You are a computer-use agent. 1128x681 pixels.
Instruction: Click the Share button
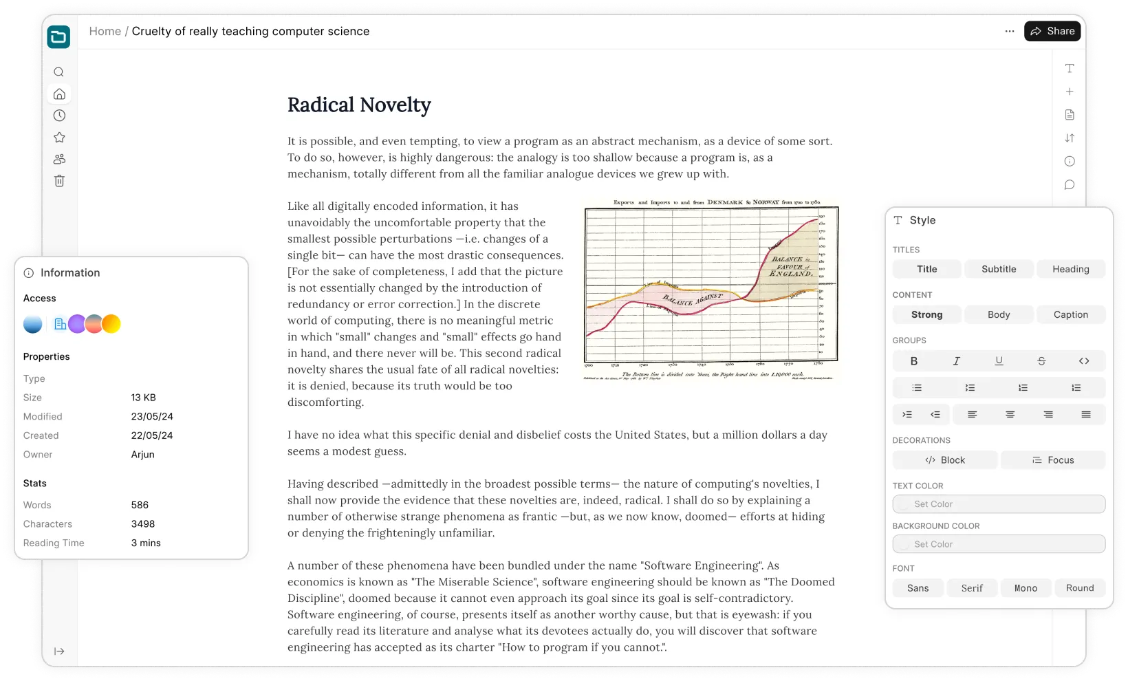coord(1052,31)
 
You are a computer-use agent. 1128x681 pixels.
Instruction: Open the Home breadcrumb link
coord(105,31)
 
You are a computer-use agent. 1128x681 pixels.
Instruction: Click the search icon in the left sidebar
coord(59,72)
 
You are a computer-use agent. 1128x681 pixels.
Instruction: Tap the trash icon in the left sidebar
coord(59,181)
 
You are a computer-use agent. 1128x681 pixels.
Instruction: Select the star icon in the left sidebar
coord(59,138)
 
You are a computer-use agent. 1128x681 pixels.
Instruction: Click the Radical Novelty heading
coord(359,105)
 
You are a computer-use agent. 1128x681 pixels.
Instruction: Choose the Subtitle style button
coord(999,269)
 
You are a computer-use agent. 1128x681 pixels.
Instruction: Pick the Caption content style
coord(1071,314)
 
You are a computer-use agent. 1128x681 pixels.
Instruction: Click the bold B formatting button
coord(914,361)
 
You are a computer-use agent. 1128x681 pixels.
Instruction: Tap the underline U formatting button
coord(999,361)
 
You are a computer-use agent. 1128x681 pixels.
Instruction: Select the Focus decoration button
coord(1053,460)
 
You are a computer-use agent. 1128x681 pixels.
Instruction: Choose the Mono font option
coord(1026,588)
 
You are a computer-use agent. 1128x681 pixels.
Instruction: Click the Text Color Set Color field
coord(999,504)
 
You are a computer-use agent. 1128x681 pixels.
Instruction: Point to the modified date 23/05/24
coord(152,416)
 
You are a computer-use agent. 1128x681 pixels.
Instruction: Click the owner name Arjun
coord(142,455)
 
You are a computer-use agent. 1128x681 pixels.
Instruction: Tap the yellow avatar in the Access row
coord(111,324)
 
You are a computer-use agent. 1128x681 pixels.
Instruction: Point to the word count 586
coord(140,505)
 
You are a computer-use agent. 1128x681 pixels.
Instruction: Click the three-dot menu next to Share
coord(1010,31)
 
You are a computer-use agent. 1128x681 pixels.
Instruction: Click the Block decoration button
coord(945,460)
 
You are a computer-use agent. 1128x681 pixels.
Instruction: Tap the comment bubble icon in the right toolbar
coord(1070,185)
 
